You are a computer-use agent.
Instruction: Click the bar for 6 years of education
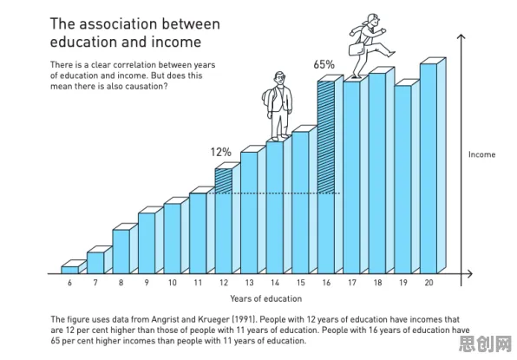74,267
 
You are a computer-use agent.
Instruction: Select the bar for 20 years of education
433,166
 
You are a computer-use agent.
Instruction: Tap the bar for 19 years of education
407,177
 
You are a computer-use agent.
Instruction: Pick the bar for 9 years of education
151,240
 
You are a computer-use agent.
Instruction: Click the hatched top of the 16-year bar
326,137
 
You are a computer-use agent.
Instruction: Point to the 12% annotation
221,153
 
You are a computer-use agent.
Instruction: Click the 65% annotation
324,64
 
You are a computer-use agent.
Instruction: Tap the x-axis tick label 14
275,283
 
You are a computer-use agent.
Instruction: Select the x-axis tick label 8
121,283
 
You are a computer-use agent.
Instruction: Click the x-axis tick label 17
352,283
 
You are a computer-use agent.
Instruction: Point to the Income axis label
481,154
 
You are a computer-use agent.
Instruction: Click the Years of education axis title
265,298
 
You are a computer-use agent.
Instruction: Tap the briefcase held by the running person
357,49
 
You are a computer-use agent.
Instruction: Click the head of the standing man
279,78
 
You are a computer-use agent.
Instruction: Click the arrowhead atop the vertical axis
461,36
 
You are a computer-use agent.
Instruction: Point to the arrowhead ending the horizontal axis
470,273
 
